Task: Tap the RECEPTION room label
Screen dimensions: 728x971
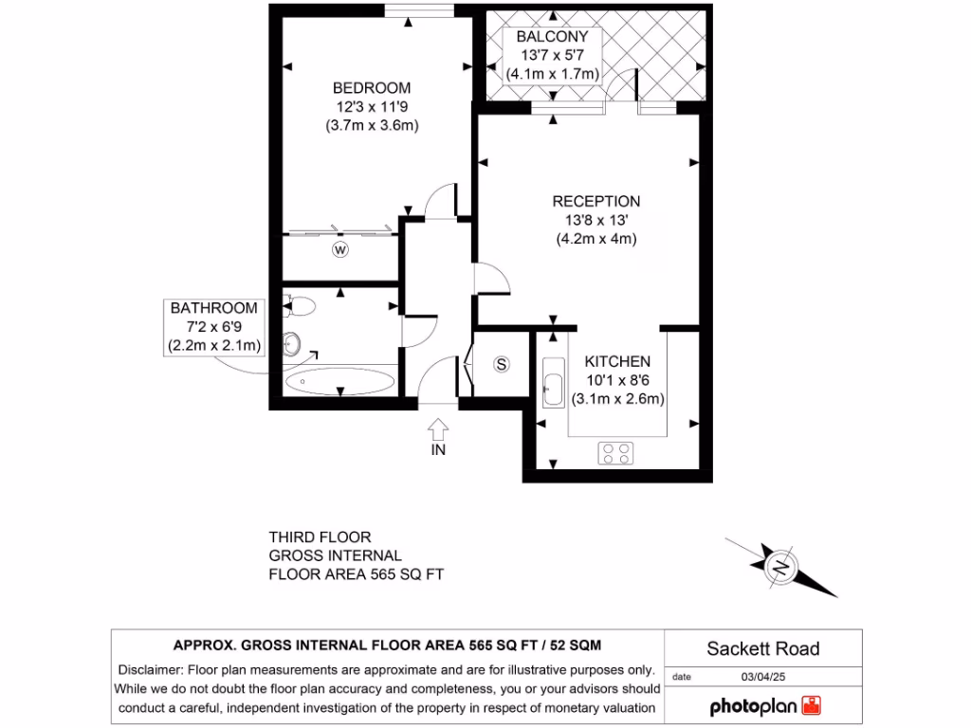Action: pos(595,201)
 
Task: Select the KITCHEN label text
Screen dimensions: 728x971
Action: pos(617,361)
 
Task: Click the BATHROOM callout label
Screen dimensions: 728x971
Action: pos(213,308)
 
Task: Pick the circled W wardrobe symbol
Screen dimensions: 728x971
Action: pos(339,250)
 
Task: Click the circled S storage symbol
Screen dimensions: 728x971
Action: pos(502,365)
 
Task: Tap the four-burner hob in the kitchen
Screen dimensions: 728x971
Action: pos(615,453)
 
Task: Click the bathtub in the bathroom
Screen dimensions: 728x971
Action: pos(339,382)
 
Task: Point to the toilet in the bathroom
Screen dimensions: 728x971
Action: pos(300,306)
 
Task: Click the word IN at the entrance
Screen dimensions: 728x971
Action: pos(438,450)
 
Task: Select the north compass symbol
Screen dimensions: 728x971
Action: pos(781,568)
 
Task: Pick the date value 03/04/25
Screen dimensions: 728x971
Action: pos(763,677)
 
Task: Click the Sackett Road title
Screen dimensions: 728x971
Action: pos(762,649)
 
